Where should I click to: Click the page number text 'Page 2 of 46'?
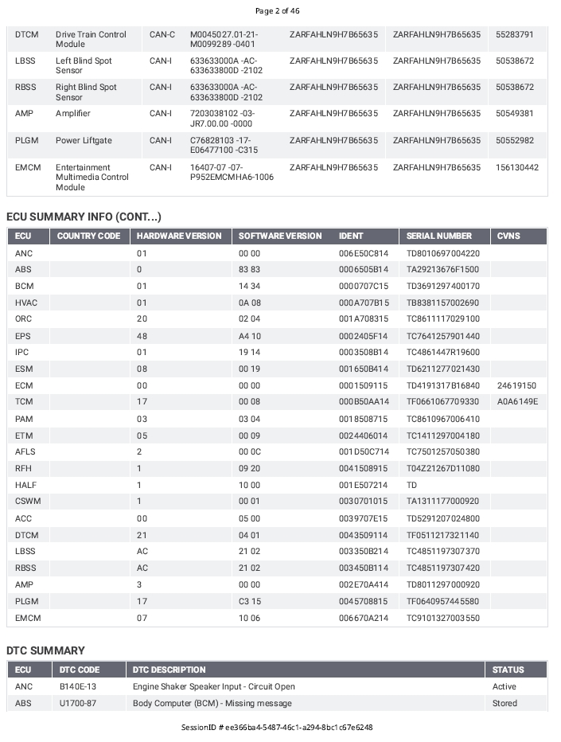tap(277, 11)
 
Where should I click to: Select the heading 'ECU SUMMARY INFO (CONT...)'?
tap(84, 217)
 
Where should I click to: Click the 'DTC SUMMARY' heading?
tap(45, 650)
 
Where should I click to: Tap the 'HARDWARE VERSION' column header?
tap(179, 236)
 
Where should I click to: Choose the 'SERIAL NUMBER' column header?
tap(438, 236)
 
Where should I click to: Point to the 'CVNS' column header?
tap(509, 236)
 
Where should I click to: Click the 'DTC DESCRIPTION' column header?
tap(169, 670)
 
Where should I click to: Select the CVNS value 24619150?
tap(516, 385)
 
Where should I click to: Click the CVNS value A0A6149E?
tap(517, 402)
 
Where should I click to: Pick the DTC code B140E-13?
tap(78, 686)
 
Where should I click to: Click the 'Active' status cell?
tap(504, 686)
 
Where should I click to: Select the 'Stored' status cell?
tap(505, 703)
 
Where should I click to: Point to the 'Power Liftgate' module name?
tap(84, 141)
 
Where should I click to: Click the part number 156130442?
tap(516, 168)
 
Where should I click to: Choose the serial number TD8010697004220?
tap(442, 253)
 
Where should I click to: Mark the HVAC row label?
tap(26, 303)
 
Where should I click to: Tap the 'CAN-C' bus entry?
tap(162, 35)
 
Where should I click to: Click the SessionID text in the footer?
tap(277, 728)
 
